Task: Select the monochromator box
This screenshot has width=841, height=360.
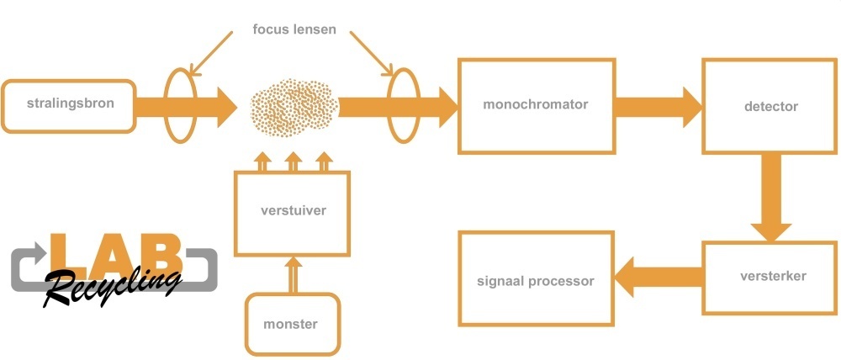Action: coord(536,106)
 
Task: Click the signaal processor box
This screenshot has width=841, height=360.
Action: coord(536,280)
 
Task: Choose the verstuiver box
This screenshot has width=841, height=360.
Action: coord(293,213)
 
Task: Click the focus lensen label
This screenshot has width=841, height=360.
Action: coord(295,30)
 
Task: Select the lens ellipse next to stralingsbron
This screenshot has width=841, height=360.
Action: coord(178,106)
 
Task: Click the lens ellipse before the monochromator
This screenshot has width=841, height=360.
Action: coord(402,106)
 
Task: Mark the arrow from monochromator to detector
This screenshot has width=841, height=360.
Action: coord(657,106)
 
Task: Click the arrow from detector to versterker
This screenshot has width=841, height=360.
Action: coord(770,198)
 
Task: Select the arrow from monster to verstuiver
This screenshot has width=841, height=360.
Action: coord(293,274)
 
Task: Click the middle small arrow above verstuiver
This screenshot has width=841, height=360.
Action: coord(293,161)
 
